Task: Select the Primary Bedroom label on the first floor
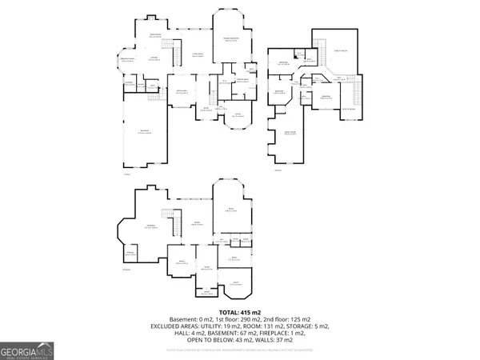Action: [x=231, y=40]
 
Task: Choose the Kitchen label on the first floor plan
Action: [x=152, y=58]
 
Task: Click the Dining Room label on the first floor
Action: [x=182, y=93]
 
